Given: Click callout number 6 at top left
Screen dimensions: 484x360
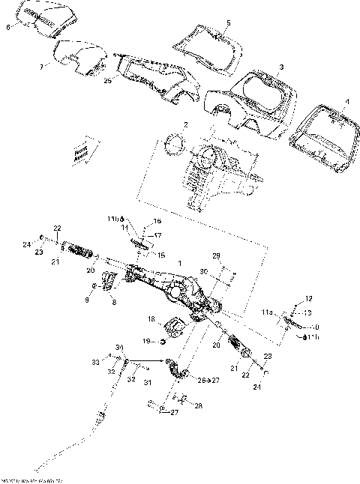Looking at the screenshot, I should pyautogui.click(x=8, y=27).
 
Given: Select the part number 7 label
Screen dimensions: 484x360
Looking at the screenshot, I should pyautogui.click(x=42, y=67).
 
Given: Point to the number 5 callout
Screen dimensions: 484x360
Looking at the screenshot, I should pyautogui.click(x=228, y=24).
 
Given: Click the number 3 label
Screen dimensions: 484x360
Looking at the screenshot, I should pyautogui.click(x=280, y=67).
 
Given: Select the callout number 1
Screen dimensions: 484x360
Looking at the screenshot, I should pyautogui.click(x=178, y=264).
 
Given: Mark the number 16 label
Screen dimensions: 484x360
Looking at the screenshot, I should pyautogui.click(x=157, y=222).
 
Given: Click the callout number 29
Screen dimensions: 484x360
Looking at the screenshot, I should pyautogui.click(x=217, y=256).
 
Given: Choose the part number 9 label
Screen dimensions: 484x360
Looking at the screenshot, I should pyautogui.click(x=86, y=299).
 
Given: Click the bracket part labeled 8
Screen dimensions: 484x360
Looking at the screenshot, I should pyautogui.click(x=109, y=281).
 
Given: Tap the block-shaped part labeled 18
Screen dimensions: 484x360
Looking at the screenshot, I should pyautogui.click(x=178, y=326).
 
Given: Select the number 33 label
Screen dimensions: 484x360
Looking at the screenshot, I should pyautogui.click(x=95, y=362).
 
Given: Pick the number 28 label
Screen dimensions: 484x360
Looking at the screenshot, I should pyautogui.click(x=199, y=405).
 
